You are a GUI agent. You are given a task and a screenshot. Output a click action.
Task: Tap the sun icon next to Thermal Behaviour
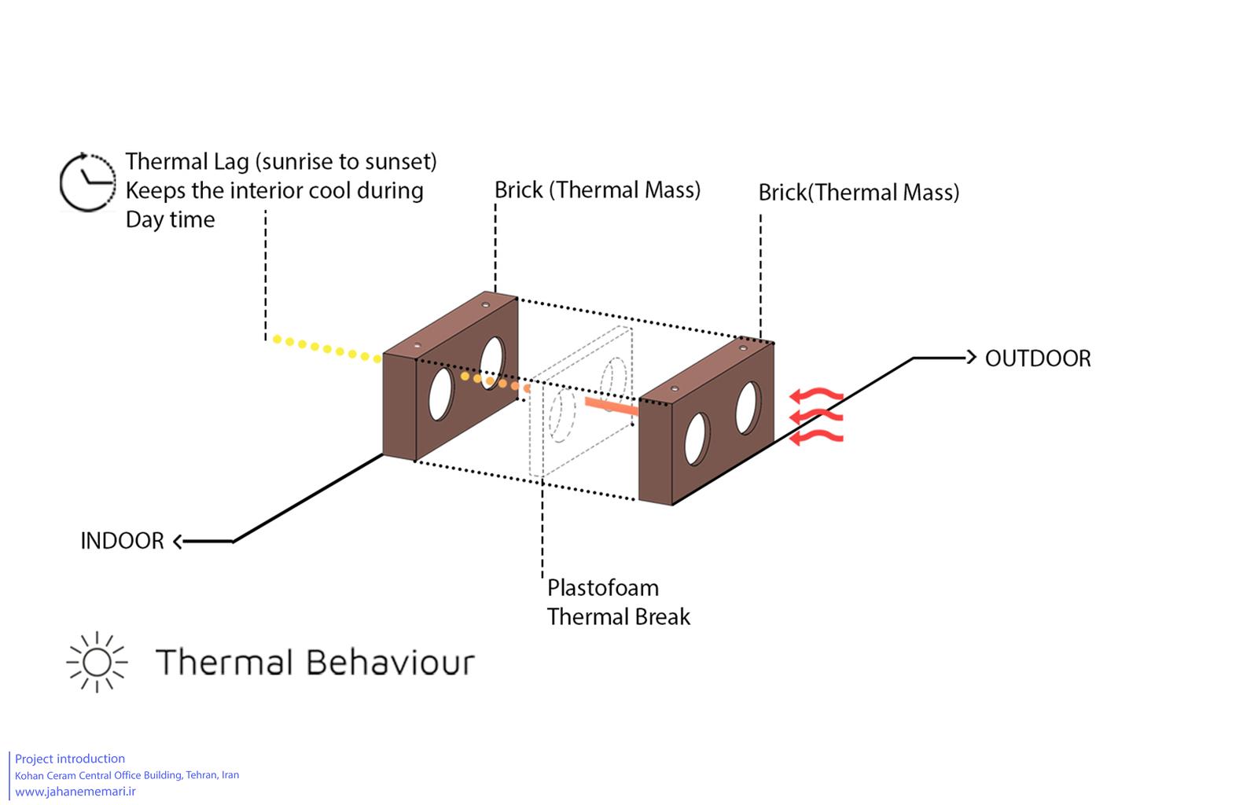click(x=97, y=662)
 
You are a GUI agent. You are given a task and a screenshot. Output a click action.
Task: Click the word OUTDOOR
click(x=1038, y=358)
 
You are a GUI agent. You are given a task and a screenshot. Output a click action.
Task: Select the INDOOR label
click(x=123, y=541)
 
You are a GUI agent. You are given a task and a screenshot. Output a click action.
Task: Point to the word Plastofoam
click(x=603, y=588)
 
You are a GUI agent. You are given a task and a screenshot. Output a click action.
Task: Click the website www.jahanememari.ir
click(x=75, y=792)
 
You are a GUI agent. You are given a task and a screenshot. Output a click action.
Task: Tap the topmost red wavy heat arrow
click(x=817, y=395)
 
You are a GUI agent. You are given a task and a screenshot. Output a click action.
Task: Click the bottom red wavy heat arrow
click(x=817, y=437)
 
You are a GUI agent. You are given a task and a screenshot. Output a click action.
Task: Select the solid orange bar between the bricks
click(x=612, y=406)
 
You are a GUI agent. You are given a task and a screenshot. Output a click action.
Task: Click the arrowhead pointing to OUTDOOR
click(x=972, y=357)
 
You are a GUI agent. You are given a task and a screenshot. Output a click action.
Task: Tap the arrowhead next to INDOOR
click(x=178, y=541)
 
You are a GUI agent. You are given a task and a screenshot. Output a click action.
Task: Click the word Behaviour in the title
click(x=391, y=662)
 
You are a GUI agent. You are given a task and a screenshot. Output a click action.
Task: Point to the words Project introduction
click(x=70, y=759)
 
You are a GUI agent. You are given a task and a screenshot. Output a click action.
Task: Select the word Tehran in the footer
click(x=201, y=774)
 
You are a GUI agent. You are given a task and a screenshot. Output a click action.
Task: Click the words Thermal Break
click(x=619, y=617)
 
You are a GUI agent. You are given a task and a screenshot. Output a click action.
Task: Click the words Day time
click(x=170, y=219)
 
